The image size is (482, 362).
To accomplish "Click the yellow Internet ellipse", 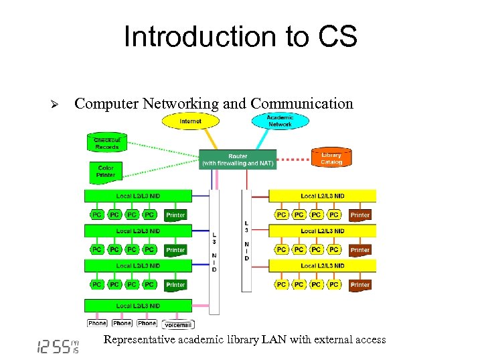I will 191,121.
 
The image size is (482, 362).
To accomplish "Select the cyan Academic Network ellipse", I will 280,121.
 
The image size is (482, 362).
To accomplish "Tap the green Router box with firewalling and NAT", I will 238,160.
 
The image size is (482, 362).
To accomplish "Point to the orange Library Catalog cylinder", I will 331,158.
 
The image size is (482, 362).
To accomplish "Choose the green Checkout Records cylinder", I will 106,143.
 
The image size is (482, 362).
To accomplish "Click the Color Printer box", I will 106,172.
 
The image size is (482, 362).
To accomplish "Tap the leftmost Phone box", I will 97,323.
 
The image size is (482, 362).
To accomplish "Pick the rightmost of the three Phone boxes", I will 147,323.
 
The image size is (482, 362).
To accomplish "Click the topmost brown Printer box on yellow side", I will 360,215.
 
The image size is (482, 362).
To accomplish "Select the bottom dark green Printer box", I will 175,285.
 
